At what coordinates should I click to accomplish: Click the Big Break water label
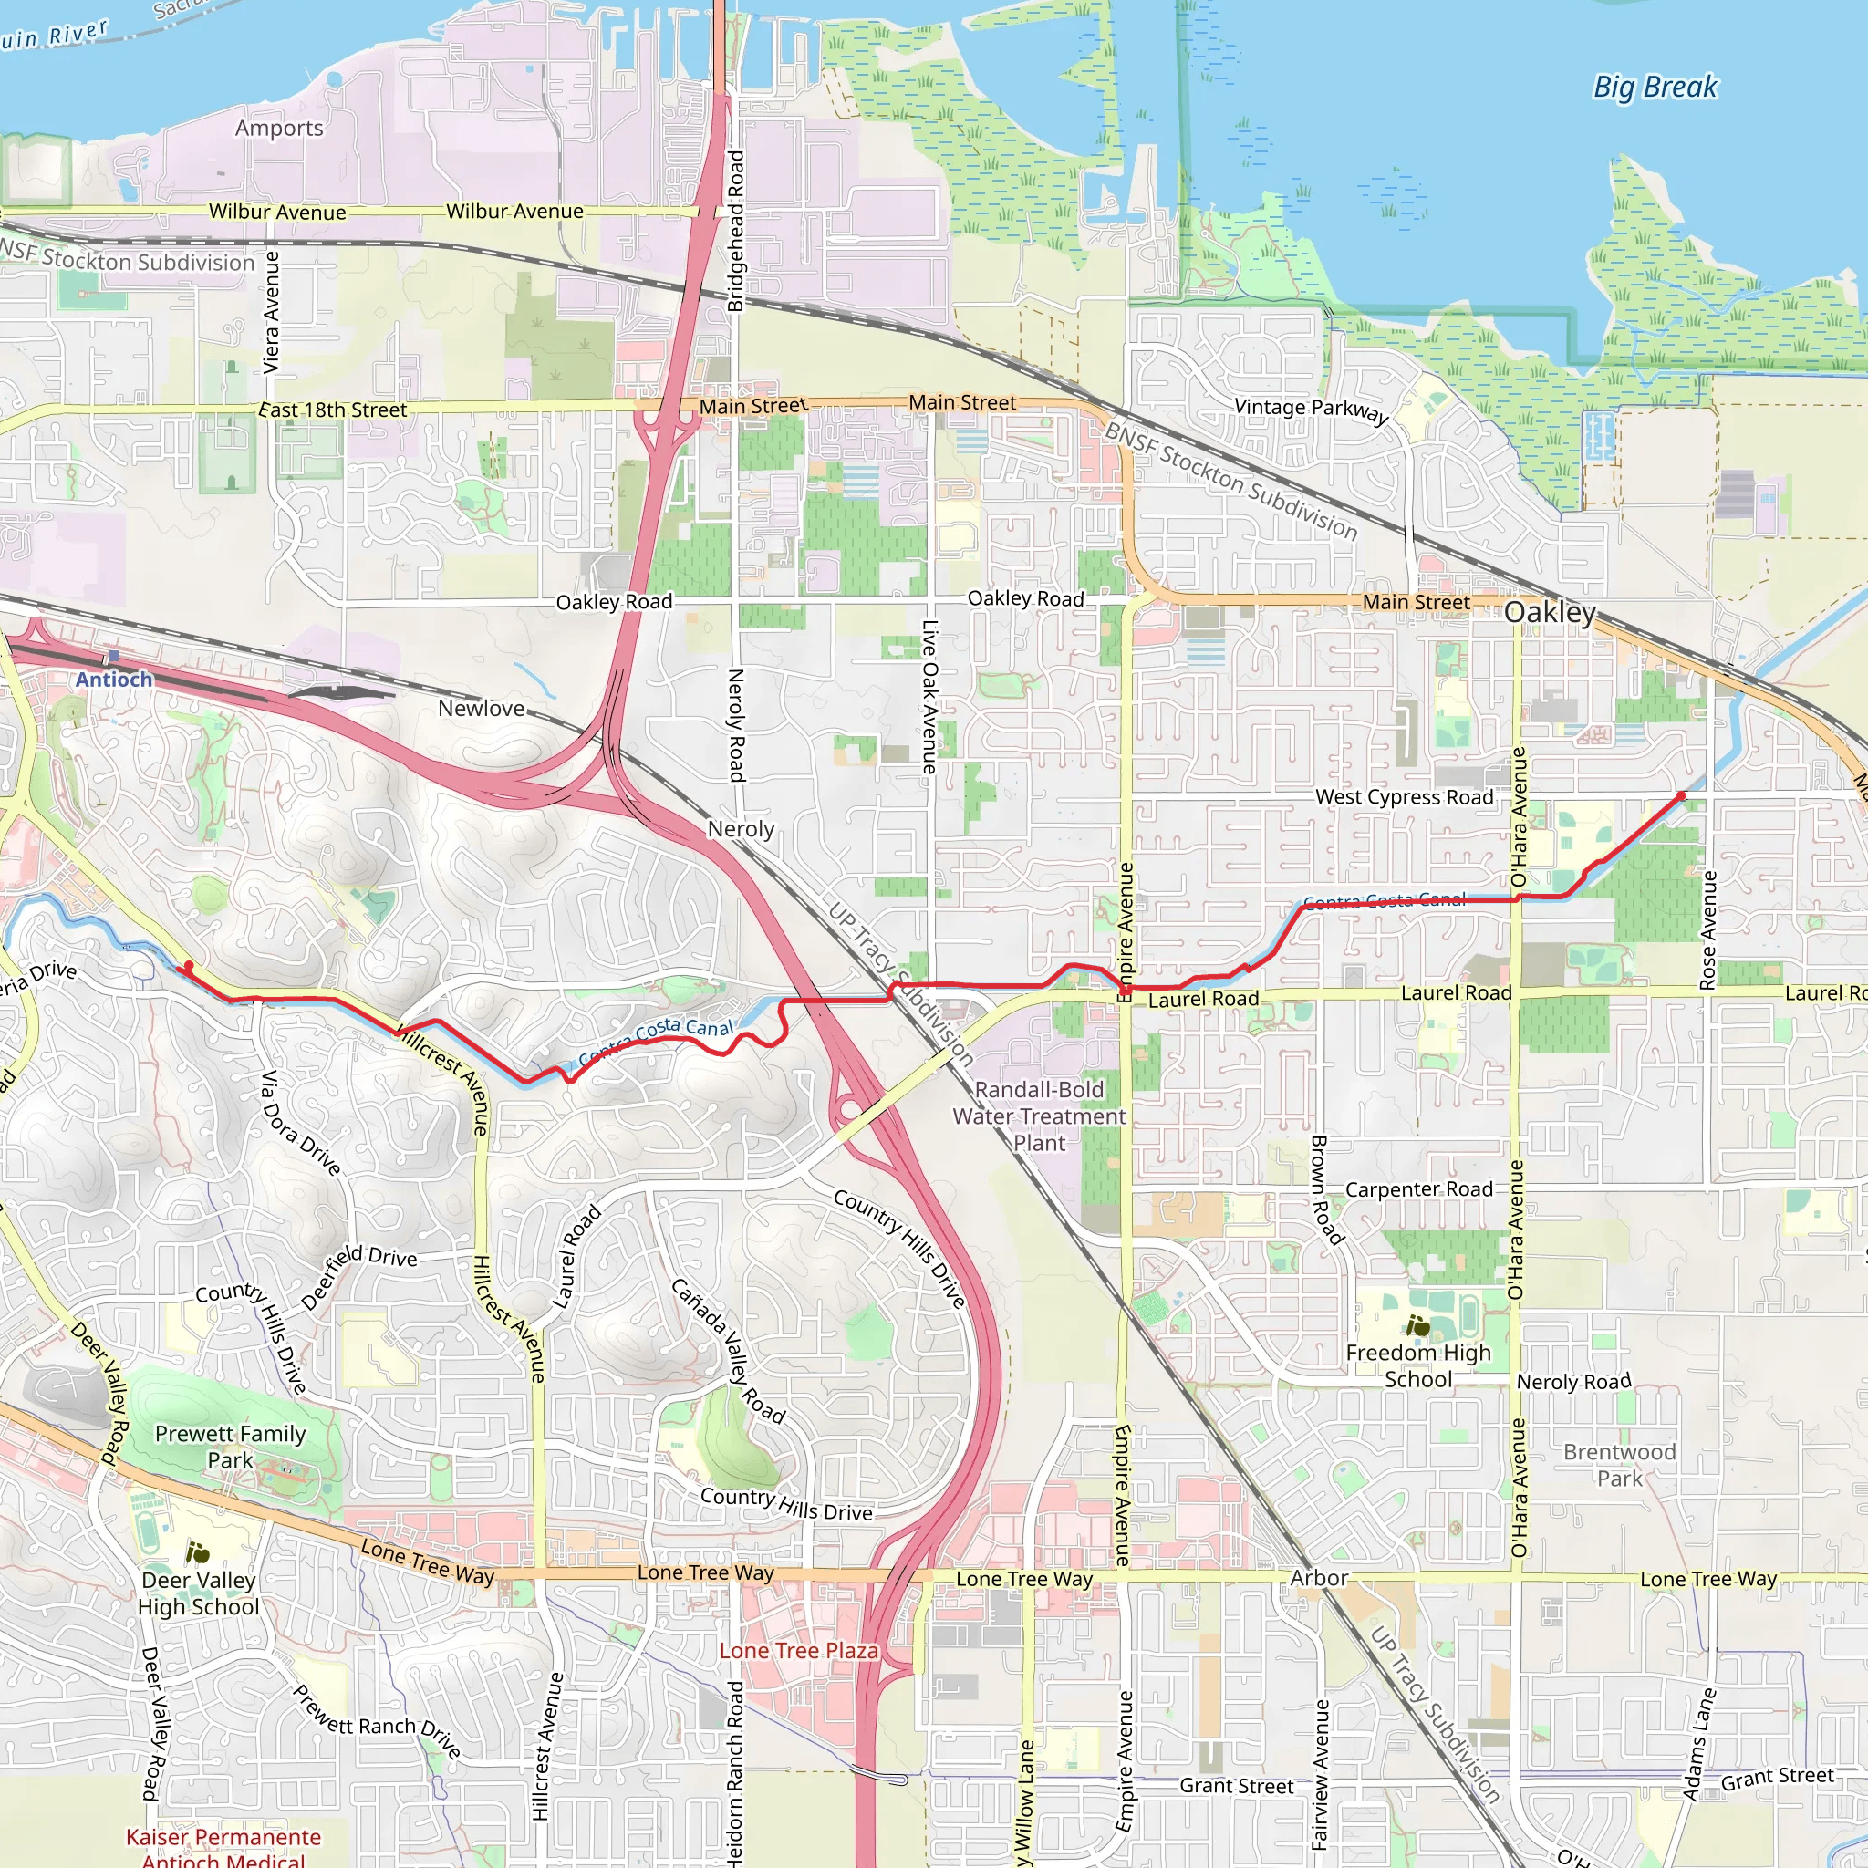point(1655,87)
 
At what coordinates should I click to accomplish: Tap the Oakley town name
point(1550,612)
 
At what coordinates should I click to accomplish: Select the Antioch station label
point(114,679)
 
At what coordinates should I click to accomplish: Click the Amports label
point(279,128)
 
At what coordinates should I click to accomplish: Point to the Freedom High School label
point(1417,1365)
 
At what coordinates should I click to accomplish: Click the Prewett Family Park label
point(230,1447)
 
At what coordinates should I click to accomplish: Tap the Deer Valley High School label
point(198,1593)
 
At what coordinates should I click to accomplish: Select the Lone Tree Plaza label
point(799,1650)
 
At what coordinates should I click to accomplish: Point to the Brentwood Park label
point(1620,1465)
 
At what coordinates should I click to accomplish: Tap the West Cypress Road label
point(1404,796)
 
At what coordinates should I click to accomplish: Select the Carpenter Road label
point(1418,1189)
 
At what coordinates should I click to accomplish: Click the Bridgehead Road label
point(736,230)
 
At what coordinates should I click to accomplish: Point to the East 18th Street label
point(333,410)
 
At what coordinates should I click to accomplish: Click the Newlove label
point(481,709)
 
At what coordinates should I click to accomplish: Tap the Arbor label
point(1319,1578)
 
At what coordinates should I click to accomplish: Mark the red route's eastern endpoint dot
point(1681,795)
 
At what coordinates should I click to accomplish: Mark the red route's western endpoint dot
point(189,965)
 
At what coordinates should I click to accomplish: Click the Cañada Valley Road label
point(727,1351)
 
